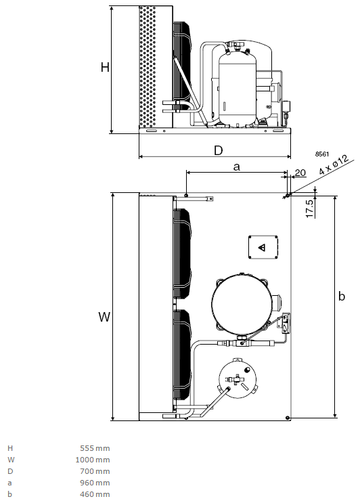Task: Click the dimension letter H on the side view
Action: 105,68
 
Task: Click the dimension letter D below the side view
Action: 218,150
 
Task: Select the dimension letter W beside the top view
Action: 104,317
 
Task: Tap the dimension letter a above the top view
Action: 237,167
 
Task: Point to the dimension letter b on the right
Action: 342,296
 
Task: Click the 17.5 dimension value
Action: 309,209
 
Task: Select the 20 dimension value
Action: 300,173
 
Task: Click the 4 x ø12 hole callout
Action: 334,165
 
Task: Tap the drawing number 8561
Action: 322,154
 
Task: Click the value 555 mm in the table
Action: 95,448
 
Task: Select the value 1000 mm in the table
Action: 93,460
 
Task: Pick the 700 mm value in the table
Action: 95,471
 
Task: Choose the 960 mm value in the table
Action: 95,483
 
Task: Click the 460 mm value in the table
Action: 95,494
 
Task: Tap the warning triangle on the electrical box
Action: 262,247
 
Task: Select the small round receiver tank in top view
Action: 238,379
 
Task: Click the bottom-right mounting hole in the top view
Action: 288,418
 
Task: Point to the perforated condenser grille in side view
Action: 148,66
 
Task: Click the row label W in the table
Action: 11,460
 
